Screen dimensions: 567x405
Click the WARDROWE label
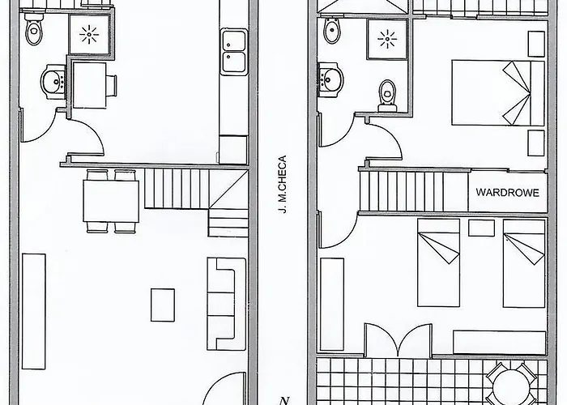pyautogui.click(x=507, y=192)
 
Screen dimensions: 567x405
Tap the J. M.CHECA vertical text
pyautogui.click(x=283, y=185)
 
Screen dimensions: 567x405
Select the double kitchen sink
pyautogui.click(x=234, y=53)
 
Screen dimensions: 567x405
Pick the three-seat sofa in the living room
pyautogui.click(x=226, y=304)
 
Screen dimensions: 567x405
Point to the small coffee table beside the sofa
pyautogui.click(x=163, y=305)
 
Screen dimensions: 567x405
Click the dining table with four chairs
pyautogui.click(x=111, y=201)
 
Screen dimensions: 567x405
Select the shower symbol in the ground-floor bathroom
pyautogui.click(x=89, y=35)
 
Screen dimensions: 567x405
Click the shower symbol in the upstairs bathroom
pyautogui.click(x=387, y=39)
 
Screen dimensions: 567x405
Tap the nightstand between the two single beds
pyautogui.click(x=481, y=228)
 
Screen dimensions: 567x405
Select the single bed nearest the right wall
pyautogui.click(x=524, y=263)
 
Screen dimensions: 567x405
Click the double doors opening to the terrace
pyautogui.click(x=398, y=340)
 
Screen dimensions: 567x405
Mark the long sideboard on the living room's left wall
pyautogui.click(x=34, y=311)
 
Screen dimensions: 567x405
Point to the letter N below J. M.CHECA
pyautogui.click(x=285, y=400)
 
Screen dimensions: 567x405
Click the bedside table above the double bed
pyautogui.click(x=536, y=44)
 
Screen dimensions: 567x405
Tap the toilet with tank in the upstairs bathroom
pyautogui.click(x=388, y=96)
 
